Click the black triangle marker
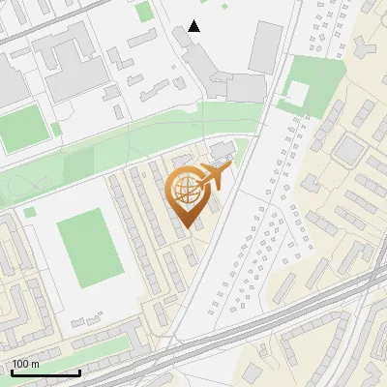point(194,26)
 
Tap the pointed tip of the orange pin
point(189,228)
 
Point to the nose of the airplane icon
point(232,169)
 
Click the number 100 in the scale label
point(20,365)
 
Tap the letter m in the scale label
point(35,365)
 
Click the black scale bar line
point(45,372)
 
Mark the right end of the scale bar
point(79,372)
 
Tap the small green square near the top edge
point(144,12)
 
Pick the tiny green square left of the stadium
point(30,211)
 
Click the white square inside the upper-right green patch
point(298,94)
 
